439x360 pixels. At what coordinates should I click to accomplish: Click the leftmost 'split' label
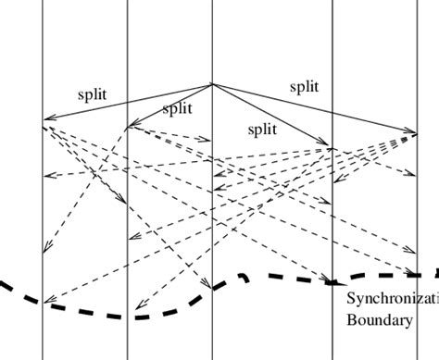coord(93,93)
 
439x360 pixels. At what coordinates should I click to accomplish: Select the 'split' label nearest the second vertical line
coord(177,109)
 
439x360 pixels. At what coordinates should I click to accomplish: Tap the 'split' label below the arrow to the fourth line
coord(262,130)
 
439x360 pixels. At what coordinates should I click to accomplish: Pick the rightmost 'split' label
coord(304,87)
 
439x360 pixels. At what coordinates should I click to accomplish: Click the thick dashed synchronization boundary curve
coord(139,315)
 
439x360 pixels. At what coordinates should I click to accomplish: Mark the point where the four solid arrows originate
coord(212,84)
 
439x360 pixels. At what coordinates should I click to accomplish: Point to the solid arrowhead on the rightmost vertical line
coord(412,132)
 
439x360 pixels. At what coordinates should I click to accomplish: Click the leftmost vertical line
coord(43,56)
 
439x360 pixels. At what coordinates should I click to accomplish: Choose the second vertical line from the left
coord(127,56)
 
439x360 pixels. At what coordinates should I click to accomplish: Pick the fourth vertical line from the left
coord(332,56)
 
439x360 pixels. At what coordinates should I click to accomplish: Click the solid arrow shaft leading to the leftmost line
coord(130,101)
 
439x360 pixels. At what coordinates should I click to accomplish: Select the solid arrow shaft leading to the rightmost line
coord(315,108)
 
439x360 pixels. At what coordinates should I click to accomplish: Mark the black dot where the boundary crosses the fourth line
coord(332,280)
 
